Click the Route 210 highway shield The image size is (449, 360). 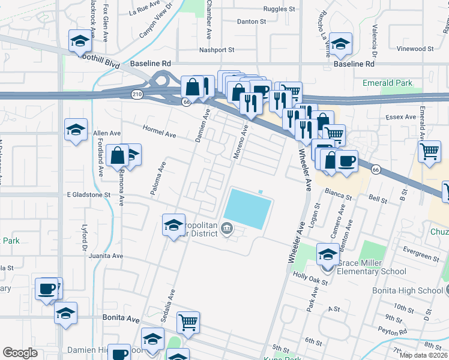tap(137, 94)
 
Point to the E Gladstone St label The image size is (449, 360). tap(89, 194)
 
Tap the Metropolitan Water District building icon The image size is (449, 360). tap(228, 227)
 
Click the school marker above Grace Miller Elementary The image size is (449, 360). tap(328, 254)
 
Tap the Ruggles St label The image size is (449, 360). tap(280, 9)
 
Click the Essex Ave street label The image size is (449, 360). tap(402, 117)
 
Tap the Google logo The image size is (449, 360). tap(20, 353)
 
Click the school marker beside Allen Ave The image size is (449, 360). tap(76, 130)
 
